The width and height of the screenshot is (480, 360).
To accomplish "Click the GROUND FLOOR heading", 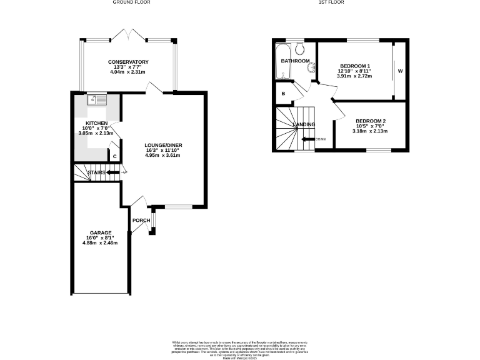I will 131,2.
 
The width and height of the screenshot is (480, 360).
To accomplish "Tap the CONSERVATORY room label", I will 127,62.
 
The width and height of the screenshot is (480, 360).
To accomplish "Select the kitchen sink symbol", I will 98,99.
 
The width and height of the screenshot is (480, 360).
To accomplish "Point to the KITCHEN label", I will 97,123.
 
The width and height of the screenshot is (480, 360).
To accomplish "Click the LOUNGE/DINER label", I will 163,145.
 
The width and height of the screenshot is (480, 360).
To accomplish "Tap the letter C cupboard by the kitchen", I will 114,157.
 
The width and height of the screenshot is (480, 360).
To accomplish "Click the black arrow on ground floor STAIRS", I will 113,172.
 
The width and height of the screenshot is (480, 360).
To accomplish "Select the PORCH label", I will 140,220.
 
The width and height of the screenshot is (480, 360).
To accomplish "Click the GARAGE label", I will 100,232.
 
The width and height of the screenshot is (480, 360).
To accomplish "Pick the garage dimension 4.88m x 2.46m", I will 100,242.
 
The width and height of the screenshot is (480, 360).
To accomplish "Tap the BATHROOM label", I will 295,61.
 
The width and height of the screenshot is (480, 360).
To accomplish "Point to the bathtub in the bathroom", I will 281,61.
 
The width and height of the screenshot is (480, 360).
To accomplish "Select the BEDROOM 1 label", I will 355,66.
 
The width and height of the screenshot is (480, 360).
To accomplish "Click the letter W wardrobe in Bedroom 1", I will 400,71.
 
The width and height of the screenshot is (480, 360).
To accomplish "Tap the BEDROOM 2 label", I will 371,121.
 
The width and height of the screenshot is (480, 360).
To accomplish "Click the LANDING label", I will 304,125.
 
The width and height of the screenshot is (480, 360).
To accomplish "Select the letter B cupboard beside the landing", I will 283,94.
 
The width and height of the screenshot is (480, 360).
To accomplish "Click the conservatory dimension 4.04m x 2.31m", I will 127,72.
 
